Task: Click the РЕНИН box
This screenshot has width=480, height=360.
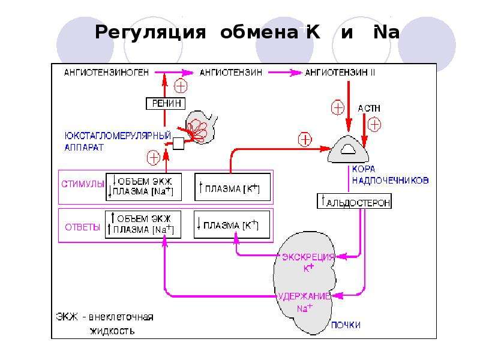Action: (166, 103)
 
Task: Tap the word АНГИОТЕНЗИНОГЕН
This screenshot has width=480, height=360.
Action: (106, 73)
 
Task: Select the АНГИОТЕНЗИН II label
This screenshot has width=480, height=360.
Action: (340, 73)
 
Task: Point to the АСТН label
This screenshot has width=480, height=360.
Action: (369, 109)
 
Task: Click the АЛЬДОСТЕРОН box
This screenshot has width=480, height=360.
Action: (354, 201)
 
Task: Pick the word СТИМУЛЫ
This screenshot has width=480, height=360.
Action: (83, 184)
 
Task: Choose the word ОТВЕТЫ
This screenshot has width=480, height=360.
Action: (82, 227)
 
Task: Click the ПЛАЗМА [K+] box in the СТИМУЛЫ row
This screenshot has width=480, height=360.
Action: (233, 187)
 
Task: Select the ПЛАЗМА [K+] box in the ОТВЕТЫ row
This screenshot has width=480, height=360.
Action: (232, 224)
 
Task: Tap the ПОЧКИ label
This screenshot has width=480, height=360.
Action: (346, 325)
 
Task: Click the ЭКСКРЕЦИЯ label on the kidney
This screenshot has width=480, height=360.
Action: (308, 257)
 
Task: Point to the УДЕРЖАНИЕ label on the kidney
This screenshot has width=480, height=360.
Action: (304, 296)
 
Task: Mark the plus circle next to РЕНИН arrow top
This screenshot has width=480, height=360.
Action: (181, 86)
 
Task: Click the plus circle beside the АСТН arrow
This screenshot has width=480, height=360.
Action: (374, 125)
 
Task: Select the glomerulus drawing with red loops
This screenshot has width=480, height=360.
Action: (200, 127)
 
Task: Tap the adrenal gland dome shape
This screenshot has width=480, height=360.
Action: (348, 149)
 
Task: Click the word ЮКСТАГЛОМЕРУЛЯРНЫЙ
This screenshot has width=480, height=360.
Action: (118, 136)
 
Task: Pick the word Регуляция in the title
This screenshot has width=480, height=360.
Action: (151, 33)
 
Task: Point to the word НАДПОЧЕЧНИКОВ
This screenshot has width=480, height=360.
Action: (391, 181)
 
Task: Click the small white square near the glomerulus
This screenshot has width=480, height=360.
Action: (178, 143)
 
